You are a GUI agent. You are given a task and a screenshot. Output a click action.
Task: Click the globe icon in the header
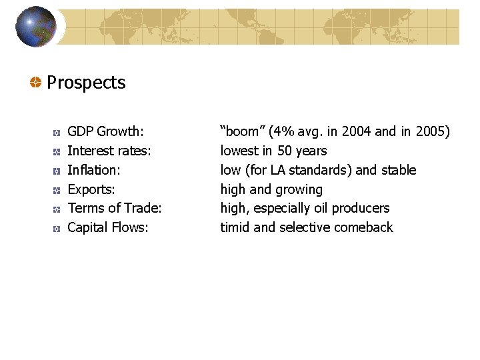(x=36, y=27)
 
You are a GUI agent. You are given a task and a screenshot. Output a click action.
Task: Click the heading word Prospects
(x=86, y=83)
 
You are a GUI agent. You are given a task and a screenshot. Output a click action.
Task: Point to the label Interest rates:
(x=109, y=151)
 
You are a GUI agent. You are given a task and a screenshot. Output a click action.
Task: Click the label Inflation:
(x=94, y=170)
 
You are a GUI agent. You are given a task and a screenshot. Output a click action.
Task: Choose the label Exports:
(x=91, y=189)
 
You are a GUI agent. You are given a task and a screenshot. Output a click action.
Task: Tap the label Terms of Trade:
(x=115, y=208)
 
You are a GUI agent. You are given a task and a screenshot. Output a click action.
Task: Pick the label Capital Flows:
(x=108, y=227)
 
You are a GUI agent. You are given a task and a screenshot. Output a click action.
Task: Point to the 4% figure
(x=282, y=131)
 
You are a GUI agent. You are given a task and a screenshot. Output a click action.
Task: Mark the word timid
(x=235, y=227)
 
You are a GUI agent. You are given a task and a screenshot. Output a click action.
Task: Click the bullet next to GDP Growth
(x=57, y=132)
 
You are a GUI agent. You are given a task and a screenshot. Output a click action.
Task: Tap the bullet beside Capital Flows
(x=57, y=228)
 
